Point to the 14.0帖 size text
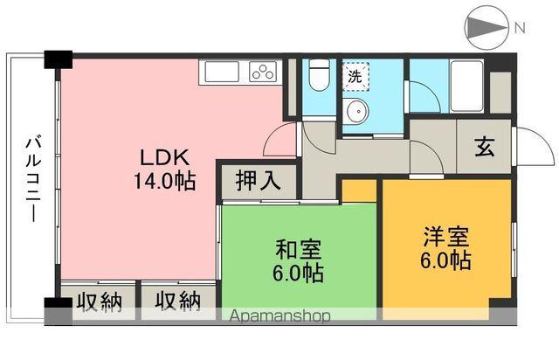pyautogui.click(x=163, y=183)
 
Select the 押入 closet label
pyautogui.click(x=258, y=182)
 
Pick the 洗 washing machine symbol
pyautogui.click(x=355, y=76)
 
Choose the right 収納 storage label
pyautogui.click(x=177, y=301)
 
